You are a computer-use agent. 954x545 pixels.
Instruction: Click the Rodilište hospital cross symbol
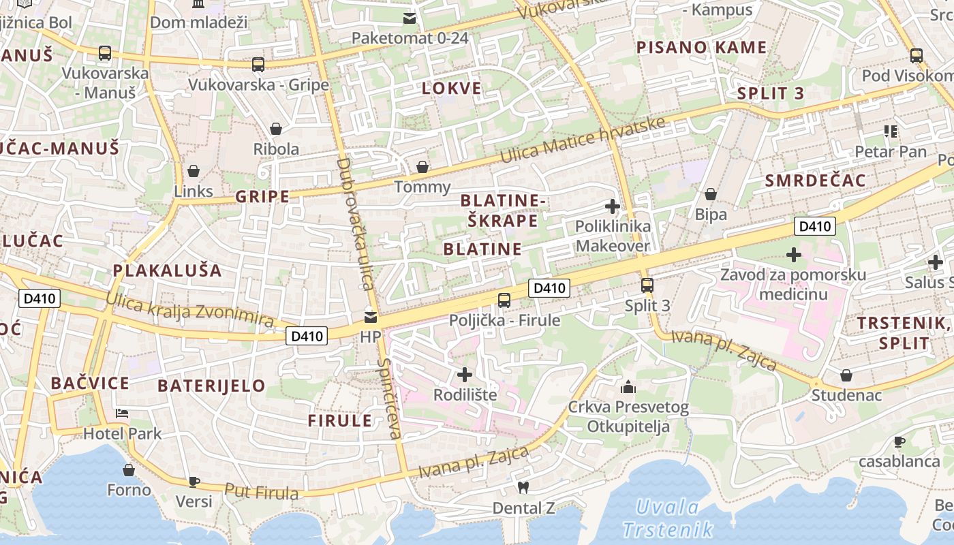pyautogui.click(x=465, y=375)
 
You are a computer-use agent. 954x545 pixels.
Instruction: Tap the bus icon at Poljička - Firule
pyautogui.click(x=504, y=300)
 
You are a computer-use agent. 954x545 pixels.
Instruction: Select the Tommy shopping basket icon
pyautogui.click(x=422, y=167)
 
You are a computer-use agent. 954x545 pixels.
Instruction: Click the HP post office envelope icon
pyautogui.click(x=371, y=317)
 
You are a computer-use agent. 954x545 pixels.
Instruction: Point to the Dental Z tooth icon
pyautogui.click(x=523, y=488)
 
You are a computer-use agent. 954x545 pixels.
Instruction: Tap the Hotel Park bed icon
pyautogui.click(x=122, y=414)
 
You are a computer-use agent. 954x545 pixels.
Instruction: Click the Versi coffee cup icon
pyautogui.click(x=194, y=482)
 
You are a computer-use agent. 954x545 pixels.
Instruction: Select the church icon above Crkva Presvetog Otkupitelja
pyautogui.click(x=628, y=388)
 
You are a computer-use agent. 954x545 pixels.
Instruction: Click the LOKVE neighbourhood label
pyautogui.click(x=451, y=89)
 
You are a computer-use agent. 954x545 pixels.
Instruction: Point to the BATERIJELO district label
pyautogui.click(x=211, y=386)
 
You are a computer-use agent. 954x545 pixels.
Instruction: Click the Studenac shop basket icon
pyautogui.click(x=846, y=375)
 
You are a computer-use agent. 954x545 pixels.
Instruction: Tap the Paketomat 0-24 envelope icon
pyautogui.click(x=410, y=18)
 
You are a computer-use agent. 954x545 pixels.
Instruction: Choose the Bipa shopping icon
pyautogui.click(x=711, y=194)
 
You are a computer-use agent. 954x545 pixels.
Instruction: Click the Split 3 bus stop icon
pyautogui.click(x=647, y=285)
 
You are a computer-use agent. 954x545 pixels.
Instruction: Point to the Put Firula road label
pyautogui.click(x=262, y=492)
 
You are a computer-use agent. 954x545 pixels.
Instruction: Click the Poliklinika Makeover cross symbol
pyautogui.click(x=613, y=206)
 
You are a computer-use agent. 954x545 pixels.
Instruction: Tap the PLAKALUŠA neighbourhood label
pyautogui.click(x=168, y=270)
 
